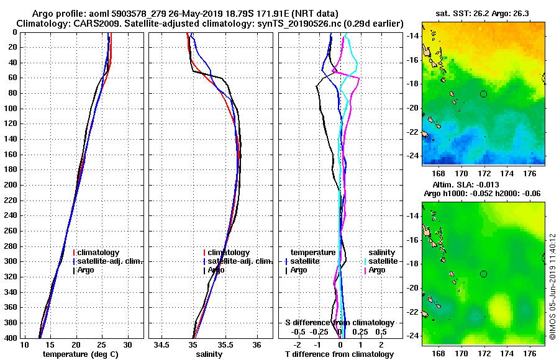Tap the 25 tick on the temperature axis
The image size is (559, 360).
(102, 344)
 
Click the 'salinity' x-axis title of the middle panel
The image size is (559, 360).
(209, 354)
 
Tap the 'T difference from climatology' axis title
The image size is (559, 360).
(339, 354)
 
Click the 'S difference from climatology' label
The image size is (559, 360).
(339, 323)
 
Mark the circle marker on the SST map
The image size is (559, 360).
(483, 94)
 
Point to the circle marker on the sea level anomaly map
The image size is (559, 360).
(483, 274)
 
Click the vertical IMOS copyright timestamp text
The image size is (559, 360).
(552, 287)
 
